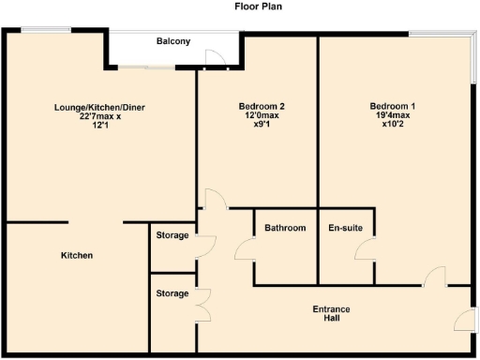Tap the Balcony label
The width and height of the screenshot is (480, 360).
(x=172, y=41)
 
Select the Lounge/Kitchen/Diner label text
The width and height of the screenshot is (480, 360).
(x=100, y=107)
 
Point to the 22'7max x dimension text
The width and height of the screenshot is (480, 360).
(x=100, y=116)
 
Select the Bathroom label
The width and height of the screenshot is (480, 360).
(x=285, y=228)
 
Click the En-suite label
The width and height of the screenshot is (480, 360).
(x=345, y=228)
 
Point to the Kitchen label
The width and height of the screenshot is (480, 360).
(x=77, y=255)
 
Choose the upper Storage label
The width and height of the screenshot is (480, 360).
(x=172, y=235)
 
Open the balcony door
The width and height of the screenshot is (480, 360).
(x=215, y=60)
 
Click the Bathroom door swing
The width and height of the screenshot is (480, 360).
(x=245, y=248)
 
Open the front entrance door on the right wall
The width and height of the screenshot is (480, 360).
(x=463, y=321)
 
